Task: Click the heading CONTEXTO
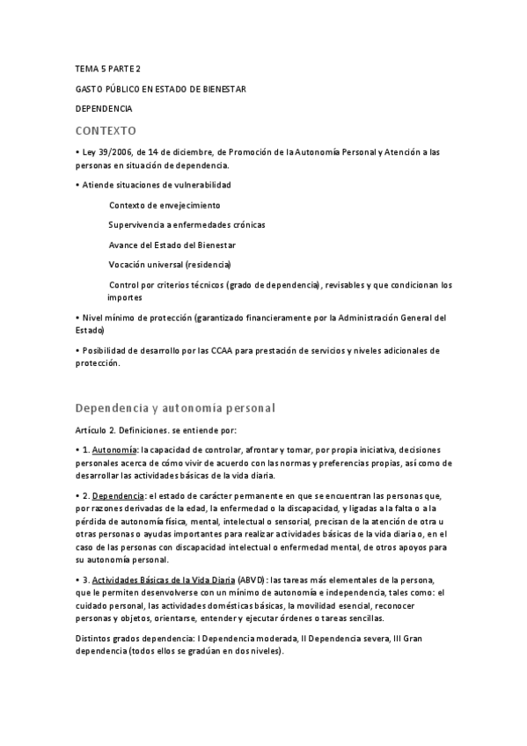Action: click(x=106, y=130)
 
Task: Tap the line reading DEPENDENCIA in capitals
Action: click(x=104, y=108)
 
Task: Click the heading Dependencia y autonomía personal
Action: click(x=176, y=408)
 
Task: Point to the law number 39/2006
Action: click(x=114, y=152)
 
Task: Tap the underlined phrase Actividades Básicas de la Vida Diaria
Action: click(x=164, y=580)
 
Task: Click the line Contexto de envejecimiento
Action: click(x=165, y=205)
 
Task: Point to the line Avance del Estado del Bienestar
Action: click(x=172, y=245)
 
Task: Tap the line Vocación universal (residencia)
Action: click(x=170, y=264)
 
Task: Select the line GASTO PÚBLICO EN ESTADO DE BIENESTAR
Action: click(x=160, y=89)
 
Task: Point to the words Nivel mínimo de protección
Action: click(x=135, y=318)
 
